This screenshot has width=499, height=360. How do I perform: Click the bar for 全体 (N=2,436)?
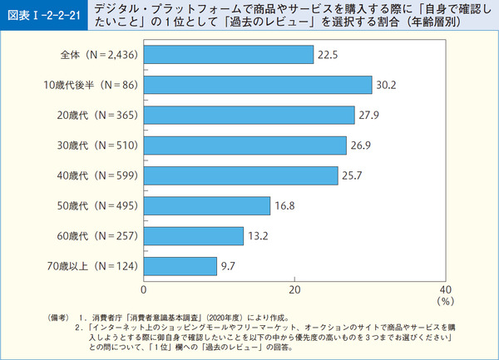click(x=229, y=54)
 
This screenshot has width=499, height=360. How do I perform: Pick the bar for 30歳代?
click(x=245, y=145)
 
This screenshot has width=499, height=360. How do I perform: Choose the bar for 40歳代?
click(x=241, y=175)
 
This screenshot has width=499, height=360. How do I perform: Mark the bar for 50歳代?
click(x=207, y=205)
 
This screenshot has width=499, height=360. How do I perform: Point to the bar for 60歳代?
click(x=194, y=236)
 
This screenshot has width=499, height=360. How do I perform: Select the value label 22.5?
click(x=327, y=54)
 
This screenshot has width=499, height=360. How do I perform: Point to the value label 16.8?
click(x=284, y=205)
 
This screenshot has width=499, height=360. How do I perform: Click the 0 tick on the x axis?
click(x=145, y=289)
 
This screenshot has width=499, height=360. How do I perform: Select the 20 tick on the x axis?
click(x=294, y=289)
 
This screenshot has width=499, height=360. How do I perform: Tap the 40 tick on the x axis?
click(x=444, y=289)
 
